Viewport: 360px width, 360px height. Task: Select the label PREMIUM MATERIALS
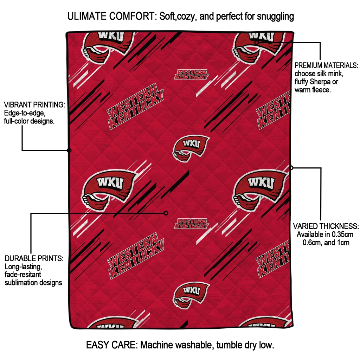point(326,65)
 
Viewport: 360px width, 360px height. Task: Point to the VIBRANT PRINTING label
point(34,105)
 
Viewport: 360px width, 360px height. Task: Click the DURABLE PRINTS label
point(34,258)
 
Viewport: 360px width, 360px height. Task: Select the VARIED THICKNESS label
point(326,226)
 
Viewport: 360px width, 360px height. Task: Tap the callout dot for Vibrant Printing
point(69,150)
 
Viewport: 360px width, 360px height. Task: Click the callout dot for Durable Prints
point(166,213)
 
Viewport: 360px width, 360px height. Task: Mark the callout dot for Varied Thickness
point(291,168)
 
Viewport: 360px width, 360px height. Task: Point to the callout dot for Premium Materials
point(257,43)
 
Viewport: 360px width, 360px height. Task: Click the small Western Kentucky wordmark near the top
point(192,74)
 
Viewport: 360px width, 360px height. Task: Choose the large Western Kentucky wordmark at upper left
point(135,105)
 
